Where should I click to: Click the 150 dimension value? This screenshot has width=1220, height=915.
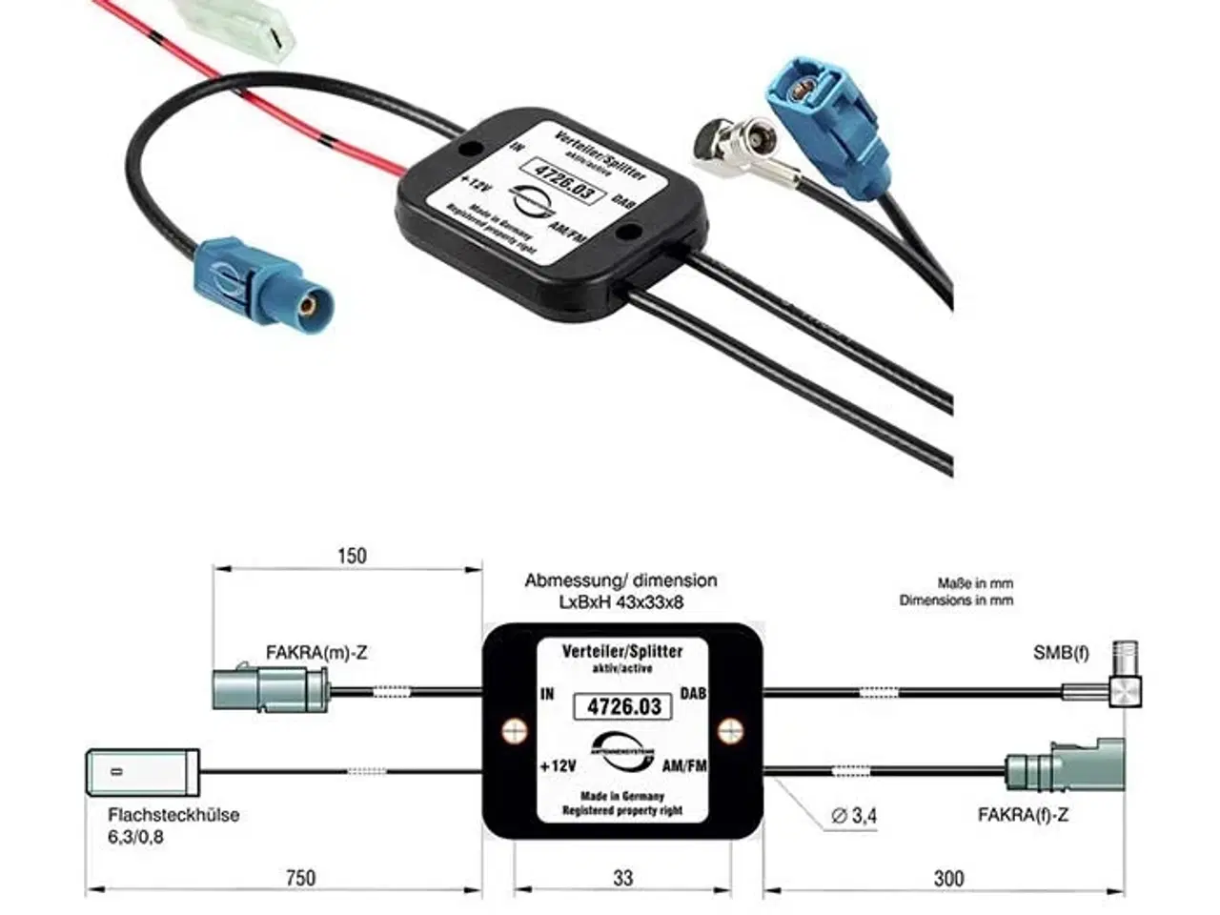(352, 555)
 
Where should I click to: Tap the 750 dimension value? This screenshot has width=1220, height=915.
(300, 878)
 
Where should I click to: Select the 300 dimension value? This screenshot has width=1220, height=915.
(948, 878)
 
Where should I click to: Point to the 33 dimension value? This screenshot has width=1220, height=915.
(622, 878)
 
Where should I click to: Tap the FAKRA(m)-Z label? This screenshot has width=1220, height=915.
(316, 653)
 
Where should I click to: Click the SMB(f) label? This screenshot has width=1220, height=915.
(1061, 653)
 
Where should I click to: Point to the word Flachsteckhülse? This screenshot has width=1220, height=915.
(173, 815)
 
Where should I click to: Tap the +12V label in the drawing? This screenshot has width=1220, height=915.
(558, 765)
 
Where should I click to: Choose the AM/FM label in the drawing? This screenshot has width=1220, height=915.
(683, 765)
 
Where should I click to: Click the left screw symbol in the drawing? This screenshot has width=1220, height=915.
(515, 731)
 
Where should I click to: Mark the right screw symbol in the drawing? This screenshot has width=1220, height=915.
(732, 731)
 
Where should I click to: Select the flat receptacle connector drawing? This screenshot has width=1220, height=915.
(143, 770)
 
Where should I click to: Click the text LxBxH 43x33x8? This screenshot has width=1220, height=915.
(620, 601)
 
